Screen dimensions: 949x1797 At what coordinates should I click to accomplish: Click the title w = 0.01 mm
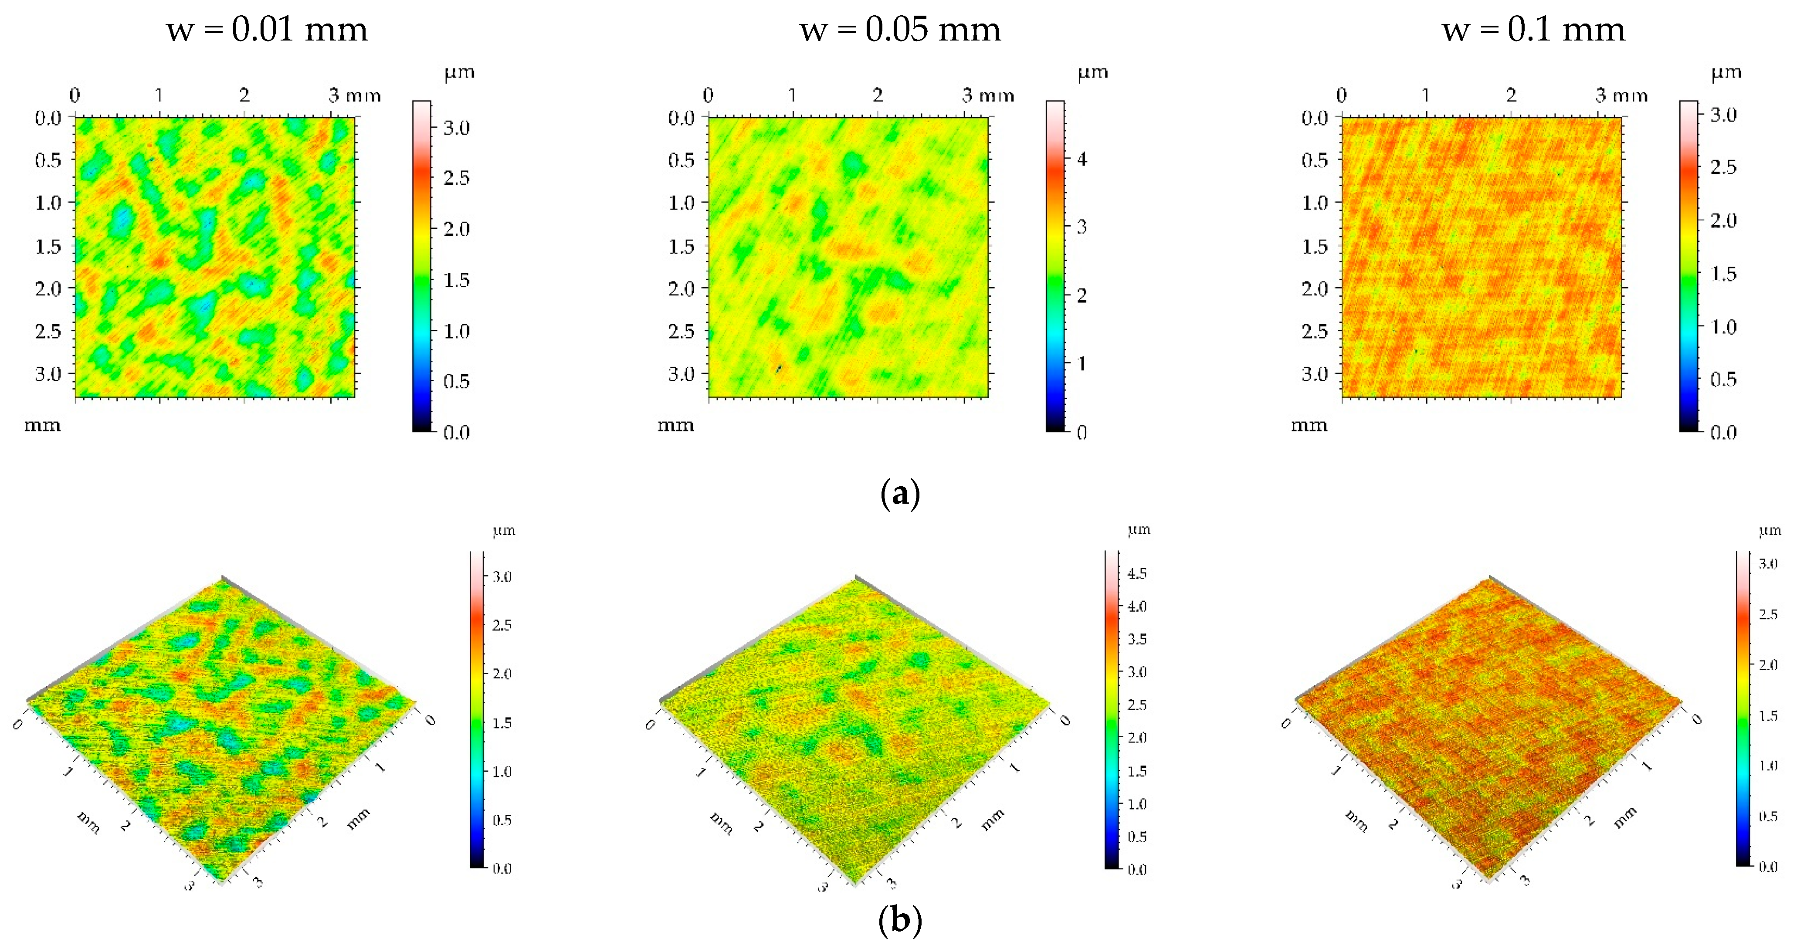click(267, 30)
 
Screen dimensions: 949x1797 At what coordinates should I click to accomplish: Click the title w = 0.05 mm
click(900, 30)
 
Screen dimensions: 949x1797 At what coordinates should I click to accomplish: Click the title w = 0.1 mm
click(1533, 30)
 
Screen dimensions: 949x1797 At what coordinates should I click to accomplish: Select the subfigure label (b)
click(900, 920)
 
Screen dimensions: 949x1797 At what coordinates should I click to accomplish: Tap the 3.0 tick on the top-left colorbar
click(457, 128)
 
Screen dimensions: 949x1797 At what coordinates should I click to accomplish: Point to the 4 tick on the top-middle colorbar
click(1082, 159)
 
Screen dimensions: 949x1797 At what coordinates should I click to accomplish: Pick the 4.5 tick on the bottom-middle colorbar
click(1137, 573)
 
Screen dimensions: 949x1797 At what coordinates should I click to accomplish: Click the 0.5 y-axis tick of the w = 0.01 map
click(48, 160)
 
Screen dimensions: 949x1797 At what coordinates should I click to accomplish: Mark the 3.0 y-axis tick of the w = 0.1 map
click(1315, 374)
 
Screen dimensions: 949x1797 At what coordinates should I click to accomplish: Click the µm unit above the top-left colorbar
click(460, 73)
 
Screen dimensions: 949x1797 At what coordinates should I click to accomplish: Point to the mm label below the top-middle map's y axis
click(676, 425)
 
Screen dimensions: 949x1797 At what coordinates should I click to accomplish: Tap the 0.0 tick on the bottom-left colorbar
click(502, 868)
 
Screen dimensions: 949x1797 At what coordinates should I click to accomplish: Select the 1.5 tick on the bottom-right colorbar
click(1768, 716)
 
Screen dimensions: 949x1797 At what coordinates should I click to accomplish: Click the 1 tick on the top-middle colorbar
click(1082, 363)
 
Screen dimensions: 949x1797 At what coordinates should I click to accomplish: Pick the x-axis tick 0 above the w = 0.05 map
click(708, 95)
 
